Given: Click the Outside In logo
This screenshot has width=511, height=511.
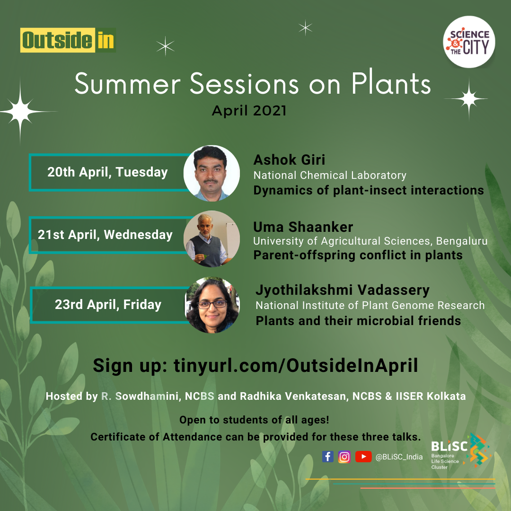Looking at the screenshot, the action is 68,40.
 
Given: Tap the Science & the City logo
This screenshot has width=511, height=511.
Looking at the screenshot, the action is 469,42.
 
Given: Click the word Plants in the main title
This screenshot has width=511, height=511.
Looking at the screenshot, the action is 391,84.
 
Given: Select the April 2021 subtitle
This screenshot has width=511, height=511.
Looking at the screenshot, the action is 249,111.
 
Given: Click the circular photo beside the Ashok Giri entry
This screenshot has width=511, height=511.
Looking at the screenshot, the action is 211,173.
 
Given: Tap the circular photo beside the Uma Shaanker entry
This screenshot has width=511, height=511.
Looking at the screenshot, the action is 211,239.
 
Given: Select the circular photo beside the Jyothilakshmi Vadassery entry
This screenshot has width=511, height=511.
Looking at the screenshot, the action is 212,305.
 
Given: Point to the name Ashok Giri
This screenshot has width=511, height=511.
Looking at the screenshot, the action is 289,160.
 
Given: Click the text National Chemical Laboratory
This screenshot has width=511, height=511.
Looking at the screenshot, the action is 330,176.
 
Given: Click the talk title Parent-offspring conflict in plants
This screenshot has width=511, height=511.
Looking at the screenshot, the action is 358,255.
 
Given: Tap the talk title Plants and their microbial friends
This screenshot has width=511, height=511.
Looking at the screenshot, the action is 358,321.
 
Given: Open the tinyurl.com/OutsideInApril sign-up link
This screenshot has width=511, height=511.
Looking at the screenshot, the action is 296,365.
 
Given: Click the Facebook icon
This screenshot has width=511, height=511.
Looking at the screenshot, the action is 327,457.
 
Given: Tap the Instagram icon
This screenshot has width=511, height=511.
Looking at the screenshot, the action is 344,457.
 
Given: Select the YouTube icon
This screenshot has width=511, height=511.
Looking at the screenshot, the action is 363,457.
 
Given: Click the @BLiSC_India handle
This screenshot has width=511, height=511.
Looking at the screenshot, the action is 399,457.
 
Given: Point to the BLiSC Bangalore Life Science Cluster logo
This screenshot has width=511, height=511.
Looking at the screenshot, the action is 460,451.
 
